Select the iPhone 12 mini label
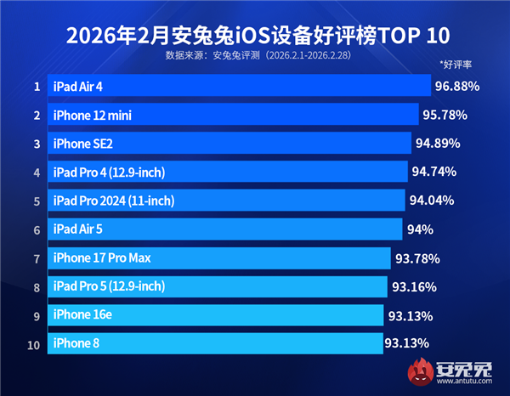pos(92,115)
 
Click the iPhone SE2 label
pos(82,144)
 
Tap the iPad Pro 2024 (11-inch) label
pos(113,201)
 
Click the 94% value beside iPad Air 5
pos(420,229)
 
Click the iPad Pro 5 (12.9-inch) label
pos(109,286)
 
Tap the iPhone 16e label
pos(82,315)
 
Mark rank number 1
pos(37,86)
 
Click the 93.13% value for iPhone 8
pos(409,343)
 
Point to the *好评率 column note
pos(456,64)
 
